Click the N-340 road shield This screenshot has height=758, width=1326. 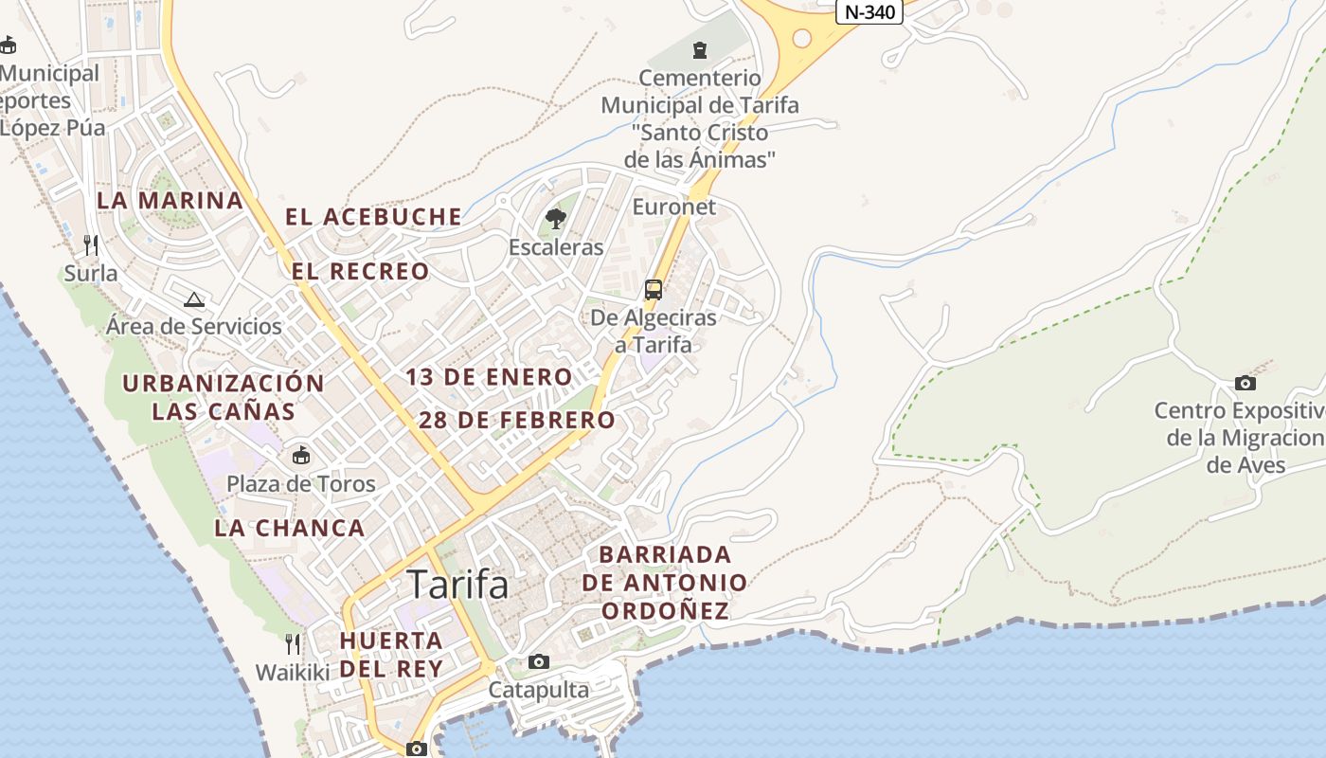point(869,12)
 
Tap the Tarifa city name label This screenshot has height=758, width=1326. point(457,586)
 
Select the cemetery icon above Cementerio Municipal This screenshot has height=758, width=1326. point(700,49)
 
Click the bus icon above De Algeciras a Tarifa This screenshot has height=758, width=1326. point(653,290)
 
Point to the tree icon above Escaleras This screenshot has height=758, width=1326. point(556,220)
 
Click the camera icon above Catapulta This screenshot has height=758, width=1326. point(539,661)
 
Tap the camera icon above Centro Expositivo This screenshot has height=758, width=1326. point(1245,384)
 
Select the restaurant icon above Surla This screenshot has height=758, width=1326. point(91,245)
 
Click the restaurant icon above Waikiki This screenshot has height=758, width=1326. point(293,644)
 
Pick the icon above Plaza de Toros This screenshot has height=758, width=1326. point(301,456)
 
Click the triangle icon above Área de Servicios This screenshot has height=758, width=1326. point(194,300)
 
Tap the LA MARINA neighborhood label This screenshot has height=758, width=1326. point(170,201)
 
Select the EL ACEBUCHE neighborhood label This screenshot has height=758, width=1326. point(373,217)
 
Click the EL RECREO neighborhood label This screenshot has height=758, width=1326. point(360,272)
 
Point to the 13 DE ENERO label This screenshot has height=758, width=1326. point(489,377)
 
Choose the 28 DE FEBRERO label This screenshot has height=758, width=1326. point(516,420)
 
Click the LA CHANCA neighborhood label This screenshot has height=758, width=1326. point(289,529)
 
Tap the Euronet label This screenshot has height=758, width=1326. point(673,207)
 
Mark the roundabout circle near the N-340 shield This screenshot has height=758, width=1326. point(802,39)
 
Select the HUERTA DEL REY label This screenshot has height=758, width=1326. point(391,654)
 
